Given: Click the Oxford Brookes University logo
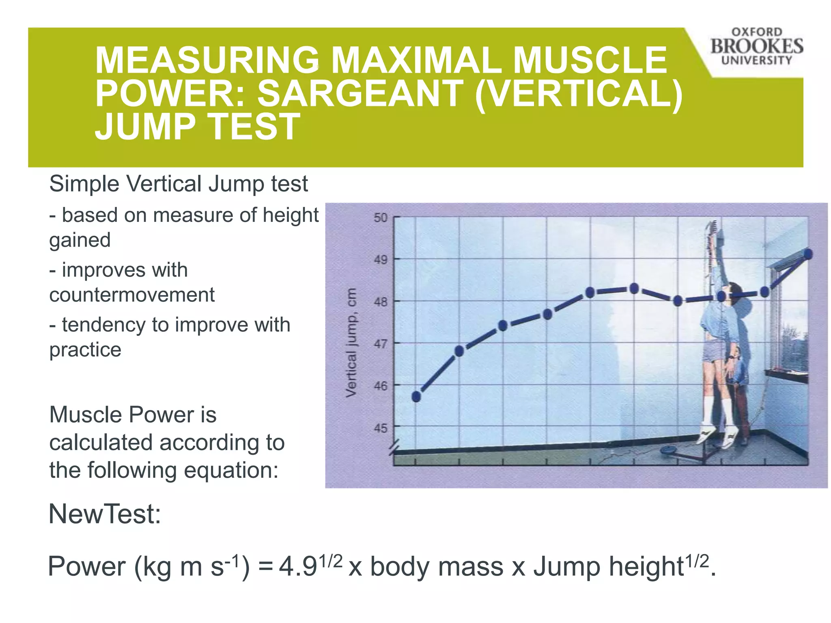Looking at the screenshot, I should click(x=756, y=47).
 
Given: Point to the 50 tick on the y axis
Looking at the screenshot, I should click(x=381, y=218).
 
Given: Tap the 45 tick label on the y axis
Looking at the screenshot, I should click(x=381, y=428).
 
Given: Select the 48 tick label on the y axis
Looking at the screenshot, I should click(x=381, y=302).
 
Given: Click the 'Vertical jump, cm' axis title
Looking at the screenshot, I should click(x=351, y=343).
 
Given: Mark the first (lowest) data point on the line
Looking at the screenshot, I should click(x=416, y=396).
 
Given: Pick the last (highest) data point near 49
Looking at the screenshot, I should click(x=807, y=254).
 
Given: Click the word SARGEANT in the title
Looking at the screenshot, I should click(x=361, y=93).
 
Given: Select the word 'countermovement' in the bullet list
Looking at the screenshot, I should click(x=132, y=295).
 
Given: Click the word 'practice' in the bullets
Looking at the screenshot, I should click(x=85, y=350).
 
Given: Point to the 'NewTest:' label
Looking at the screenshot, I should click(x=105, y=514).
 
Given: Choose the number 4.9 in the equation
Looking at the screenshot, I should click(x=297, y=567).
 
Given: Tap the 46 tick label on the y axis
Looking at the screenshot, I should click(x=381, y=386).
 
